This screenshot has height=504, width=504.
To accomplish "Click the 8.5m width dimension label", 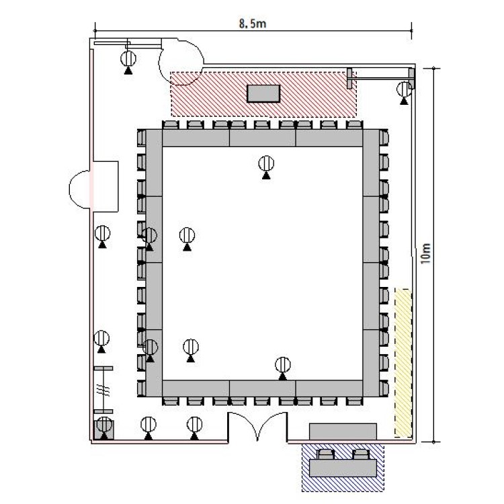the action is coord(252,24).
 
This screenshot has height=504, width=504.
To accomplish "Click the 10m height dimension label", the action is coord(425,253).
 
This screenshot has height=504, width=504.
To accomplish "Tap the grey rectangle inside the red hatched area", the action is coord(263,93).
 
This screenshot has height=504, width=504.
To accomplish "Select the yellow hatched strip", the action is coord(403,363).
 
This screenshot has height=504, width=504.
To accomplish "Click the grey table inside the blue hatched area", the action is coord(343,468).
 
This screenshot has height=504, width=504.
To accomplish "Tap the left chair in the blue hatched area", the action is coord(326,454).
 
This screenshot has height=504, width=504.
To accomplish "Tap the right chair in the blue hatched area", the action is coord(361,454).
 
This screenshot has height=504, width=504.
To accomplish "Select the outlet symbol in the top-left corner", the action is coord(128,62).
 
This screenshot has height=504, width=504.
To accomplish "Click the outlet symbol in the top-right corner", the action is coord(404,93).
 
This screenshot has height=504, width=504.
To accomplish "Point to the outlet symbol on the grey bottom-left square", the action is coord(104,428).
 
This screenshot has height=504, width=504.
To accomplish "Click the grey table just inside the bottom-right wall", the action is coord(343,431).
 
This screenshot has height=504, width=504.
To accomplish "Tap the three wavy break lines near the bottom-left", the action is coord(103,391).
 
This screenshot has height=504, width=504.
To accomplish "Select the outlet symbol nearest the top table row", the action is coord(266,167).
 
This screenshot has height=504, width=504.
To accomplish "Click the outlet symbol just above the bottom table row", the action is coord(283,368).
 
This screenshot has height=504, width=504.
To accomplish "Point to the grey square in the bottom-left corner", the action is coord(103,429).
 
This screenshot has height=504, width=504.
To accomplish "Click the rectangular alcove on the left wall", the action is coord(106,186).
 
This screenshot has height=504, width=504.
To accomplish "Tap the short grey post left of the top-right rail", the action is coord(349,78).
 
